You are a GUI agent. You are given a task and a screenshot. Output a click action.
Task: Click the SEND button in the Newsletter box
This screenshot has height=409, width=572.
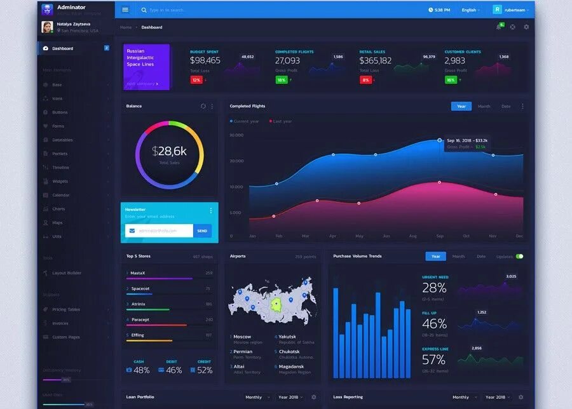point(202,231)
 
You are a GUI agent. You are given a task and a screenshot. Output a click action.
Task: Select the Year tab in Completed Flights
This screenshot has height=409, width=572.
point(461,106)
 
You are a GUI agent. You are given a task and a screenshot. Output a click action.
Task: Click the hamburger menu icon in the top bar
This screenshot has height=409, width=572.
point(125,10)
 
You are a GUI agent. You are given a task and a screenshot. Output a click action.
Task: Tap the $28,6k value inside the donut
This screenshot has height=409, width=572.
point(169,151)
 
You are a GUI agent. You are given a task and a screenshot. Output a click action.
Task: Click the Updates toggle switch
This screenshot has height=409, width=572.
point(519,257)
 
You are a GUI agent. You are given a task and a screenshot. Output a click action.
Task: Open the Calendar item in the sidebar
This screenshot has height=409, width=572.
point(61,195)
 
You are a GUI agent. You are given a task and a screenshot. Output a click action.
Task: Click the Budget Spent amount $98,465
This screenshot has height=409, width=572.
point(205,60)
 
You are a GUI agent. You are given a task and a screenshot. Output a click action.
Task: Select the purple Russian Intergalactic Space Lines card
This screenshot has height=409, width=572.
point(146,67)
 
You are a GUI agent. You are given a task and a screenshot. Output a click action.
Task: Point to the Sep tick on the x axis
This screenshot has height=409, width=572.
point(439,236)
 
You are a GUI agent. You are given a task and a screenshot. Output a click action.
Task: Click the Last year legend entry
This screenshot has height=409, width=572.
point(282,121)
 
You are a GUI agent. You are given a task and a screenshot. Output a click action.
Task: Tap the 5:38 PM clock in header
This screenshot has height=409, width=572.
point(439,10)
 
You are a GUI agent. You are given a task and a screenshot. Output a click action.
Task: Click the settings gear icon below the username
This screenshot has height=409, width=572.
point(526,27)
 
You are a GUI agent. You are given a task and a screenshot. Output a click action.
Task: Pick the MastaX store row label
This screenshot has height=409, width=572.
point(138,272)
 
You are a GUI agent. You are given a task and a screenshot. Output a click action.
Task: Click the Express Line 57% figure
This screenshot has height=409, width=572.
point(434,359)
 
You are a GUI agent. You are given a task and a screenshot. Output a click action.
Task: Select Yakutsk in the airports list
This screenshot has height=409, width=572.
point(287,337)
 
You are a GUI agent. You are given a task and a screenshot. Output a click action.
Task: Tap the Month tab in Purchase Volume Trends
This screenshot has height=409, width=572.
point(458,257)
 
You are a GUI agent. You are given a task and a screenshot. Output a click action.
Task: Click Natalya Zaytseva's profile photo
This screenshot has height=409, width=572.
point(47,27)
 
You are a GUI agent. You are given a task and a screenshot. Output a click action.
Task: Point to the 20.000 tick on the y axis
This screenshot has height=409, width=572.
point(236,161)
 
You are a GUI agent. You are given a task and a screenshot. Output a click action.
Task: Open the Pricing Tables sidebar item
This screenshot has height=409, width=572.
point(65,309)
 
